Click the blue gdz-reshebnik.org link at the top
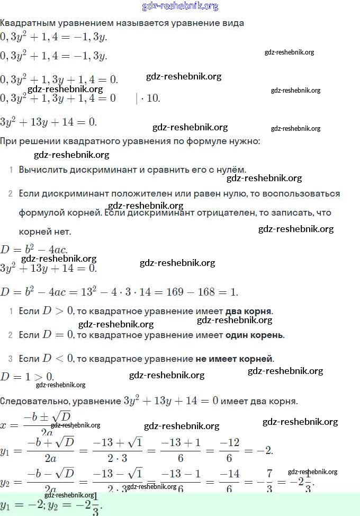(x=180, y=6)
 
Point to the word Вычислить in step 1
(x=40, y=170)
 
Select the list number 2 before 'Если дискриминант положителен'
(x=10, y=194)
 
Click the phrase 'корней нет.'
(x=44, y=232)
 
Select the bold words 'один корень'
(x=254, y=335)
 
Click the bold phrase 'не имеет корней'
(x=234, y=359)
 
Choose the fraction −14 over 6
(x=229, y=482)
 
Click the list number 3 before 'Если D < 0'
(x=10, y=359)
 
